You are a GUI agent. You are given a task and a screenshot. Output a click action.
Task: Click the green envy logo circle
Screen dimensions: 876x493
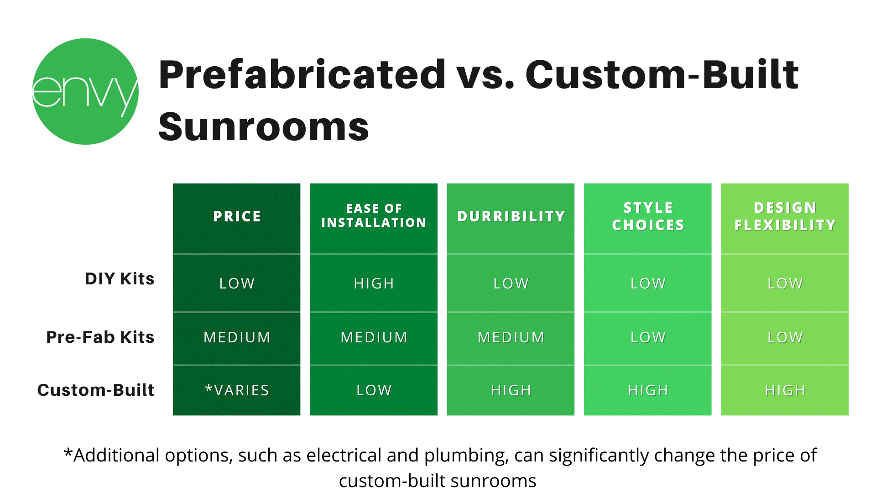(85, 91)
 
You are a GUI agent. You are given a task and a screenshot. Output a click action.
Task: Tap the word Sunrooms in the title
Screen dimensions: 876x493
(264, 127)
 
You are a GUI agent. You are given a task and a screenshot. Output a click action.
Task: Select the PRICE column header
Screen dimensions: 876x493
(237, 216)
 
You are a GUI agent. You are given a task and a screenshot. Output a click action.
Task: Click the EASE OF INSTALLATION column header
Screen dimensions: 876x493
(374, 215)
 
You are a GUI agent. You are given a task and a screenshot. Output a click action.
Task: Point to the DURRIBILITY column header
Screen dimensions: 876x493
(511, 216)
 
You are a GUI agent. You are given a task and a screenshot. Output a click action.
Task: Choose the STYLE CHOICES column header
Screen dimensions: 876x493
(648, 216)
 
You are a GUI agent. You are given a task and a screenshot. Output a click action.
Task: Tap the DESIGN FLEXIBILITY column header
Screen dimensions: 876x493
(785, 216)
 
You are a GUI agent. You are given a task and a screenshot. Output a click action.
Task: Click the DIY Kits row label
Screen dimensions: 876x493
(120, 278)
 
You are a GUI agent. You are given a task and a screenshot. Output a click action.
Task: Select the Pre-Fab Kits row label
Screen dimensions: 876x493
(100, 337)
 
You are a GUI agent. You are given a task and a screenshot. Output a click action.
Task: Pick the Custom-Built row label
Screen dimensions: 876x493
(96, 390)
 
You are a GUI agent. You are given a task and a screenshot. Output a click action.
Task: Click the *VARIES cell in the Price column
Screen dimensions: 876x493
(237, 390)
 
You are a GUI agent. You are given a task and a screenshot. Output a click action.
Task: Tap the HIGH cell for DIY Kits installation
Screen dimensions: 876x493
(374, 283)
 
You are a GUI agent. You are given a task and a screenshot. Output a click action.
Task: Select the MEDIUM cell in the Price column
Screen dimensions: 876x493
(237, 337)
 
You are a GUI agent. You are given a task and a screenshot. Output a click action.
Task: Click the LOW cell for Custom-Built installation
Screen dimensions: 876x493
(374, 390)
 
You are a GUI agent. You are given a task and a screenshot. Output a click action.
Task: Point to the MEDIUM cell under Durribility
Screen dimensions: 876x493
(511, 337)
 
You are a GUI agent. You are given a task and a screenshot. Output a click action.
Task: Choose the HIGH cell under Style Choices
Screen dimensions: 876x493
(648, 390)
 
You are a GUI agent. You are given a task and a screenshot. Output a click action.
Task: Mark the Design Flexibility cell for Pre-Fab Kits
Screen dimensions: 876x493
(785, 337)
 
